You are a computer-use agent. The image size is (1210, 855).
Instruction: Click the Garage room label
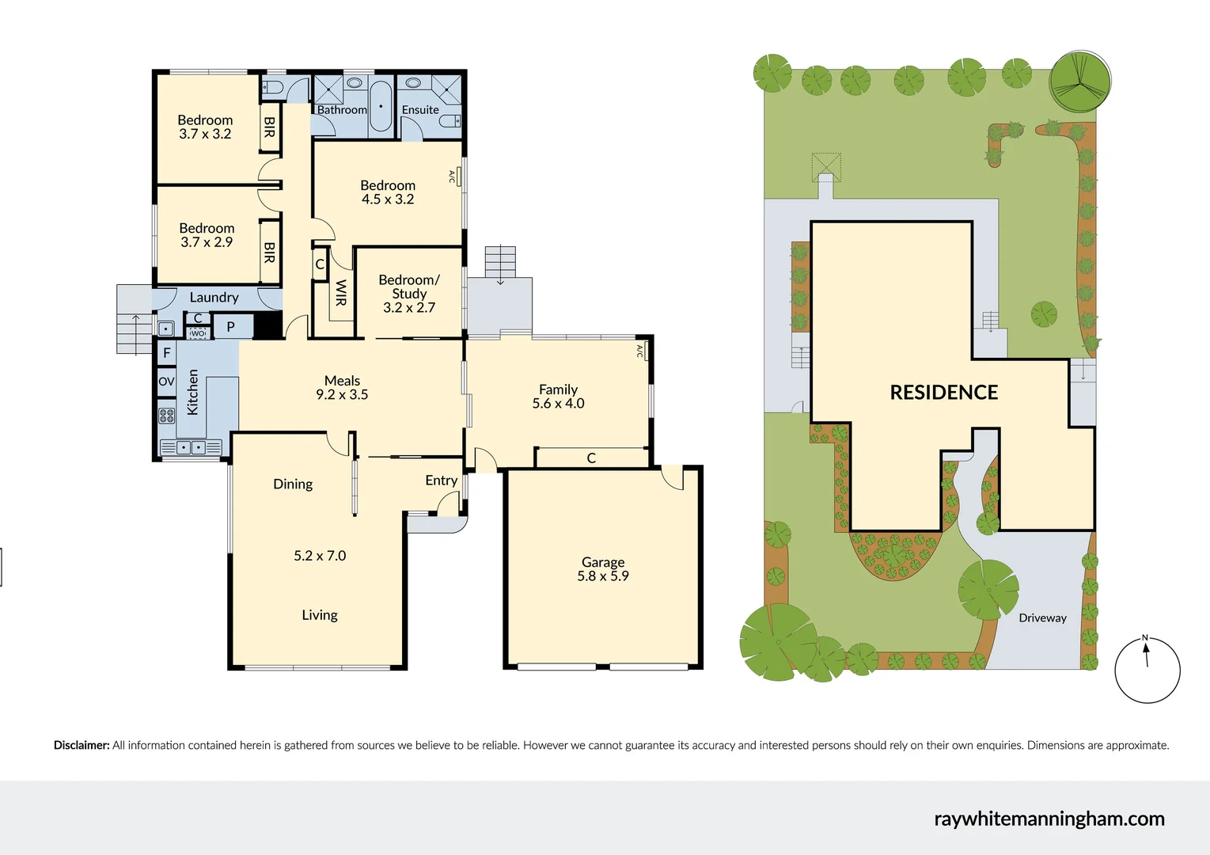603,562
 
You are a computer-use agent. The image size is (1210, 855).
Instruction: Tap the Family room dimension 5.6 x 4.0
558,404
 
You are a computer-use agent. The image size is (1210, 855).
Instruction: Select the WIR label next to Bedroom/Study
341,293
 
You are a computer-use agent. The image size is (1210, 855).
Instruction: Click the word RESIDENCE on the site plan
943,393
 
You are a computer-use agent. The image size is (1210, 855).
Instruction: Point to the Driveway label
1042,618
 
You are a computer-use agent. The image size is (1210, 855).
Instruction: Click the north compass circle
1147,671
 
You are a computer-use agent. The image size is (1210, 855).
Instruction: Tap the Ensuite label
420,110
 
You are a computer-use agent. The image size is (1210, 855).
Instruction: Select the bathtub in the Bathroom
381,104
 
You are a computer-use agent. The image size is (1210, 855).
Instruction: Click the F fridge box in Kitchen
166,353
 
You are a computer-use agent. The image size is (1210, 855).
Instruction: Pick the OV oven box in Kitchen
166,382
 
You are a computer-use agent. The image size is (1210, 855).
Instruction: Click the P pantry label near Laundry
231,326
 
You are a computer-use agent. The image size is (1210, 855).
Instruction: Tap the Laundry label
214,298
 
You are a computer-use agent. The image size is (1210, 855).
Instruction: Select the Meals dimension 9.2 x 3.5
342,395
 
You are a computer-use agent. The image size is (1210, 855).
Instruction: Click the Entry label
441,481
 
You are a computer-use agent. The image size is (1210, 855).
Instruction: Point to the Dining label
293,484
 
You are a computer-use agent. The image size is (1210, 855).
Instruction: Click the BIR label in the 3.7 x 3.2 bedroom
270,127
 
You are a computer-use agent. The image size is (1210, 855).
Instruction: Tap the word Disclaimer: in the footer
82,745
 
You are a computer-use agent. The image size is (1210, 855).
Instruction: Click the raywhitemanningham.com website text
1049,819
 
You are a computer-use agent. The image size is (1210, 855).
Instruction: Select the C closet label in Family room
591,458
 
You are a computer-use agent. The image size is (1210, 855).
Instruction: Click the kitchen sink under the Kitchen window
191,447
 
